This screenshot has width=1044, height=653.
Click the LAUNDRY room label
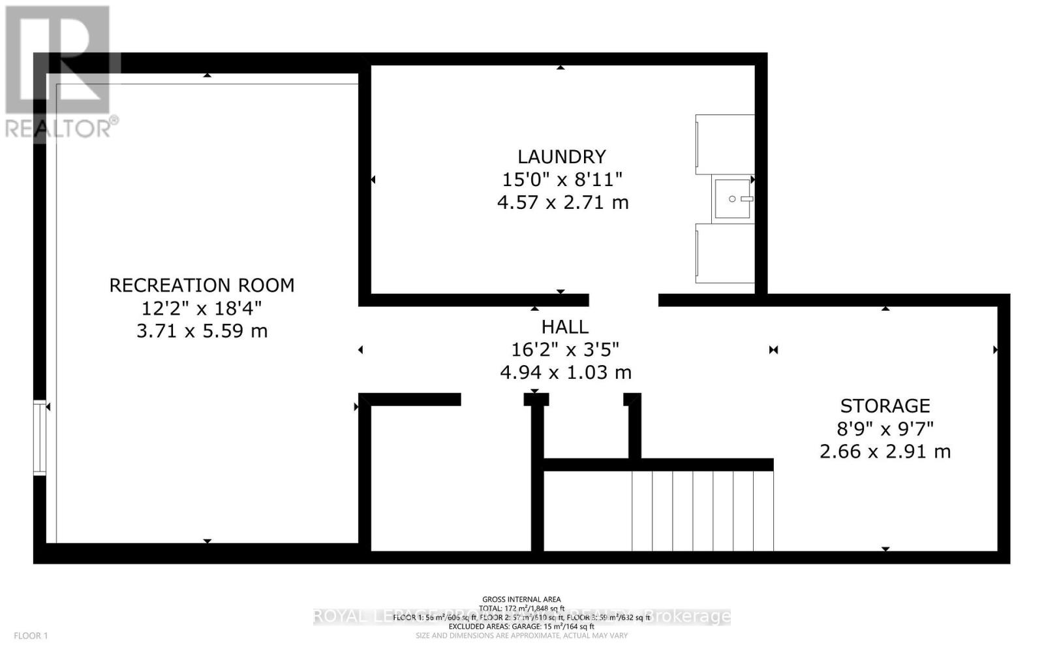562,157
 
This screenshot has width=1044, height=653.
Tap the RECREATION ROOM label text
202,285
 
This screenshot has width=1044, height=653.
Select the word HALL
564,326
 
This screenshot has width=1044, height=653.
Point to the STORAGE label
885,406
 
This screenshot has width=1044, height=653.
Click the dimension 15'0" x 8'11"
562,180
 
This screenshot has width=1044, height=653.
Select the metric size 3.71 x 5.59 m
202,331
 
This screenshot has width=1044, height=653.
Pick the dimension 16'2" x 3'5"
564,349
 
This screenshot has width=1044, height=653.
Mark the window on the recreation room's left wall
40,437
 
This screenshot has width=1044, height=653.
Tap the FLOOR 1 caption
31,635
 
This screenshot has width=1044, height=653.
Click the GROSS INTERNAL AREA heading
521,599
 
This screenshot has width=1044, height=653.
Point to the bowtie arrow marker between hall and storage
773,350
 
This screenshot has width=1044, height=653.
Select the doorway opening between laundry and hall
623,300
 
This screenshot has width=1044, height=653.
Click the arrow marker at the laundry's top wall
560,67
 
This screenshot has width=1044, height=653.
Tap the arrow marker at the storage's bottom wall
885,549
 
